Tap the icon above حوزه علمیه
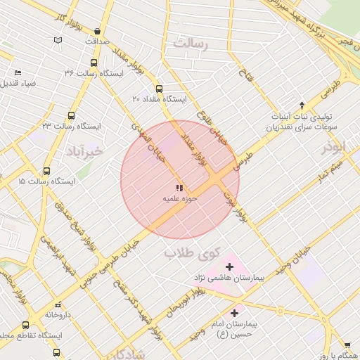[179, 188]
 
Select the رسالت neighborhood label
[192, 44]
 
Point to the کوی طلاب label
[192, 252]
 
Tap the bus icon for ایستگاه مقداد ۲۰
[159, 89]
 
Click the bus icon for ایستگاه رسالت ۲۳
[71, 115]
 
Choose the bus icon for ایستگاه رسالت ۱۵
[46, 171]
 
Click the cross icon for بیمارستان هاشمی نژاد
[230, 267]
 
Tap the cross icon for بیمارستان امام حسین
[233, 312]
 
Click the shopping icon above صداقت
[97, 31]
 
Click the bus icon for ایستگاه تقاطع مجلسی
[26, 325]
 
